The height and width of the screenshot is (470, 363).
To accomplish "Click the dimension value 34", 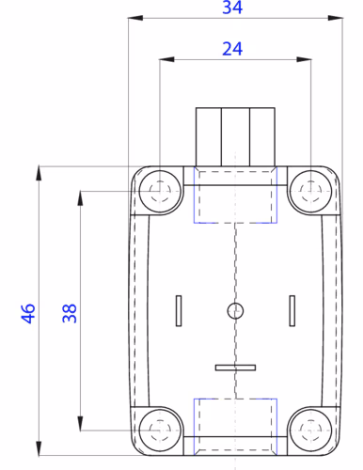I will tap(231, 8).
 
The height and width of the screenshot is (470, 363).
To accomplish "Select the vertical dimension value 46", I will tap(28, 312).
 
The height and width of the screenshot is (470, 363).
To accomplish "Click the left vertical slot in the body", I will tap(179, 310).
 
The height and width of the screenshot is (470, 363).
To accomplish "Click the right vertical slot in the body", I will tap(292, 310).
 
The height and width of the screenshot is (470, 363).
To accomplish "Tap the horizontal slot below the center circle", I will tap(235, 367).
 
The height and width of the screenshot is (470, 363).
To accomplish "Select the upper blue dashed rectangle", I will tap(235, 196).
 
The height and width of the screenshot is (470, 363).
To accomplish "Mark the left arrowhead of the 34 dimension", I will tap(133, 18).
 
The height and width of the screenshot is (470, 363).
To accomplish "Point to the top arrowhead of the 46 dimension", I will tap(39, 172).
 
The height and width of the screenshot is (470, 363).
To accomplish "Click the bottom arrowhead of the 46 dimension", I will tap(39, 448).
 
